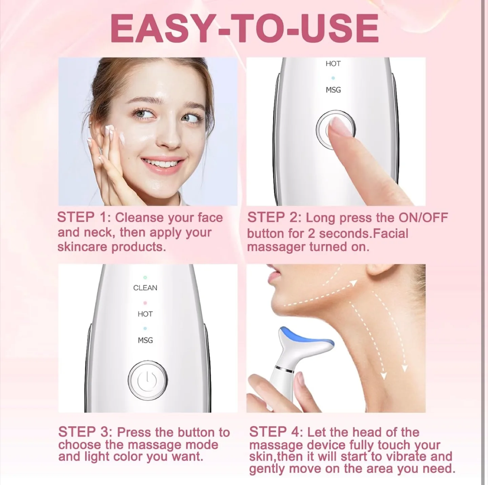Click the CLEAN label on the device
[145, 288]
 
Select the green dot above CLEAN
[145, 278]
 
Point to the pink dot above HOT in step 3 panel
[145, 303]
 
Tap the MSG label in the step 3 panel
[145, 340]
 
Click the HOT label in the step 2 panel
[333, 64]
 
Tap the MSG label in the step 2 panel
[333, 90]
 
